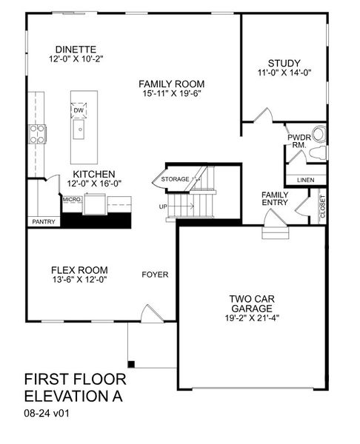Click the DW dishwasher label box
pyautogui.click(x=79, y=110)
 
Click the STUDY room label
pyautogui.click(x=284, y=64)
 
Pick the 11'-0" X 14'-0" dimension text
pyautogui.click(x=284, y=74)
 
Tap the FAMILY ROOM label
pyautogui.click(x=171, y=84)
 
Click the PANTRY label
pyautogui.click(x=41, y=221)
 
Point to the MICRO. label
pyautogui.click(x=72, y=199)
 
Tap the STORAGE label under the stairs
pyautogui.click(x=176, y=178)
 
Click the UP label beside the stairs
pyautogui.click(x=164, y=206)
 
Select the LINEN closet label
pyautogui.click(x=305, y=180)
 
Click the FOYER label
pyautogui.click(x=155, y=275)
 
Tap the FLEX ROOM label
pyautogui.click(x=79, y=269)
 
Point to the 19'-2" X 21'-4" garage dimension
pyautogui.click(x=252, y=318)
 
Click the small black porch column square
pyautogui.click(x=131, y=363)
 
